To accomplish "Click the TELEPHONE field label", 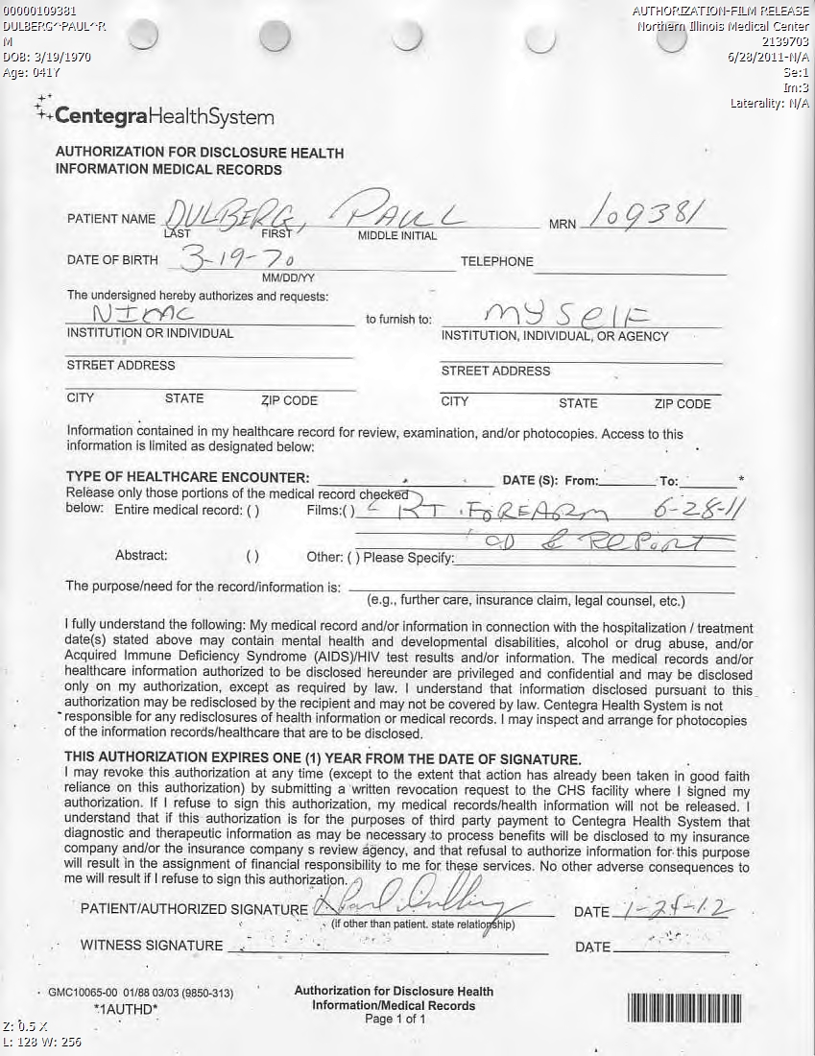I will [496, 261].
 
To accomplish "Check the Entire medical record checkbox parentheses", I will [252, 511].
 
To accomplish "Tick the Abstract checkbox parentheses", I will [252, 556].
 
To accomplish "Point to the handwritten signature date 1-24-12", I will [661, 907].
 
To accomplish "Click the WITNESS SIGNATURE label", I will [152, 946].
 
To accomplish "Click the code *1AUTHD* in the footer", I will [126, 1009].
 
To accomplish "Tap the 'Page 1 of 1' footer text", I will [395, 1019].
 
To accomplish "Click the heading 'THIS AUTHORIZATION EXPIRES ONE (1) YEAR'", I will [322, 757].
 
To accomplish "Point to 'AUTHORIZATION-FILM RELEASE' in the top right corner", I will [720, 12].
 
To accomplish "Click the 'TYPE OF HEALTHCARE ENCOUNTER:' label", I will [187, 478].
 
